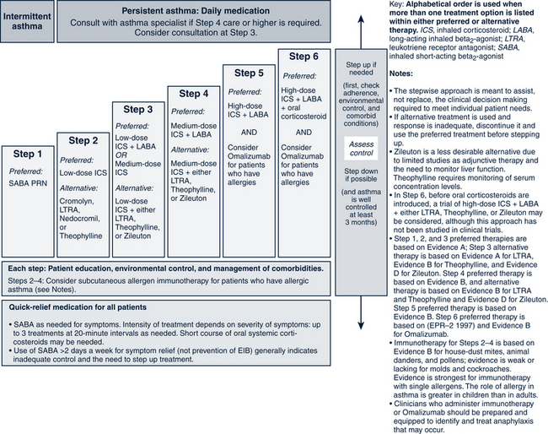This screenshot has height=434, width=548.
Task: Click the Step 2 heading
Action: coord(83,140)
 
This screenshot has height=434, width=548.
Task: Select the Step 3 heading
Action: coord(138,109)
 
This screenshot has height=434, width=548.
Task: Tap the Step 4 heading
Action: coord(194,93)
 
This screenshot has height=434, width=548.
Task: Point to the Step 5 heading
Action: coord(248,73)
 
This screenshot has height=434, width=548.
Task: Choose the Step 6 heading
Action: coord(303,57)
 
